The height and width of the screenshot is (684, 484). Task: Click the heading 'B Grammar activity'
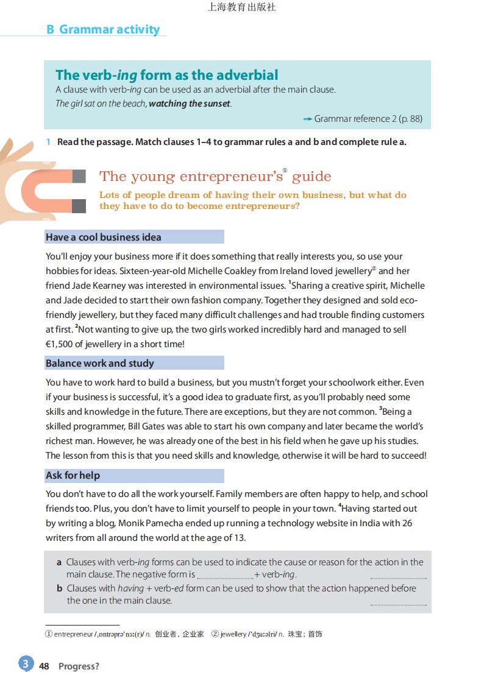[x=103, y=29]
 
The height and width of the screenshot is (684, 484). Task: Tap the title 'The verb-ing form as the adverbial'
[x=166, y=75]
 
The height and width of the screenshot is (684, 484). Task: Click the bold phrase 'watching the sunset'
[x=190, y=104]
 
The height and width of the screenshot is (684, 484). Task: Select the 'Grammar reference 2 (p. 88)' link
[x=368, y=119]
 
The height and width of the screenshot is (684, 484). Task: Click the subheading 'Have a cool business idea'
[x=104, y=237]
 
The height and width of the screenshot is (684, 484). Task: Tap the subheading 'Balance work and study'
[x=100, y=363]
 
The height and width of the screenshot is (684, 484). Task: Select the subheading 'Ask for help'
[x=73, y=475]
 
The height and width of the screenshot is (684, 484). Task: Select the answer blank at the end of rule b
[x=398, y=603]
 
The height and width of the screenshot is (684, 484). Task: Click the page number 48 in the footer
[x=44, y=666]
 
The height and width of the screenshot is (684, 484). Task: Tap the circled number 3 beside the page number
[x=25, y=664]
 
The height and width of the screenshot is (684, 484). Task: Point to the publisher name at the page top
[x=242, y=7]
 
